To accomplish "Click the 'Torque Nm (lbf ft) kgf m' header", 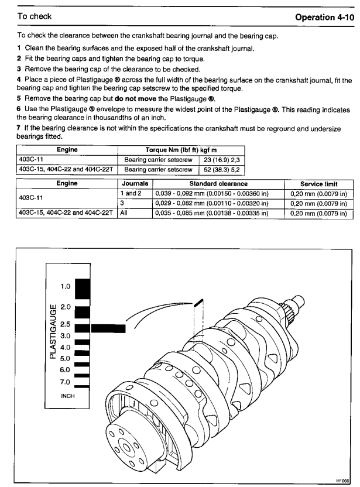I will point(181,149).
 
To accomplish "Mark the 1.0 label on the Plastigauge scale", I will point(66,287).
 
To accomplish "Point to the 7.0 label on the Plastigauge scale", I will point(66,382).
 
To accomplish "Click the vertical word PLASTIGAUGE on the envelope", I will point(53,330).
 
